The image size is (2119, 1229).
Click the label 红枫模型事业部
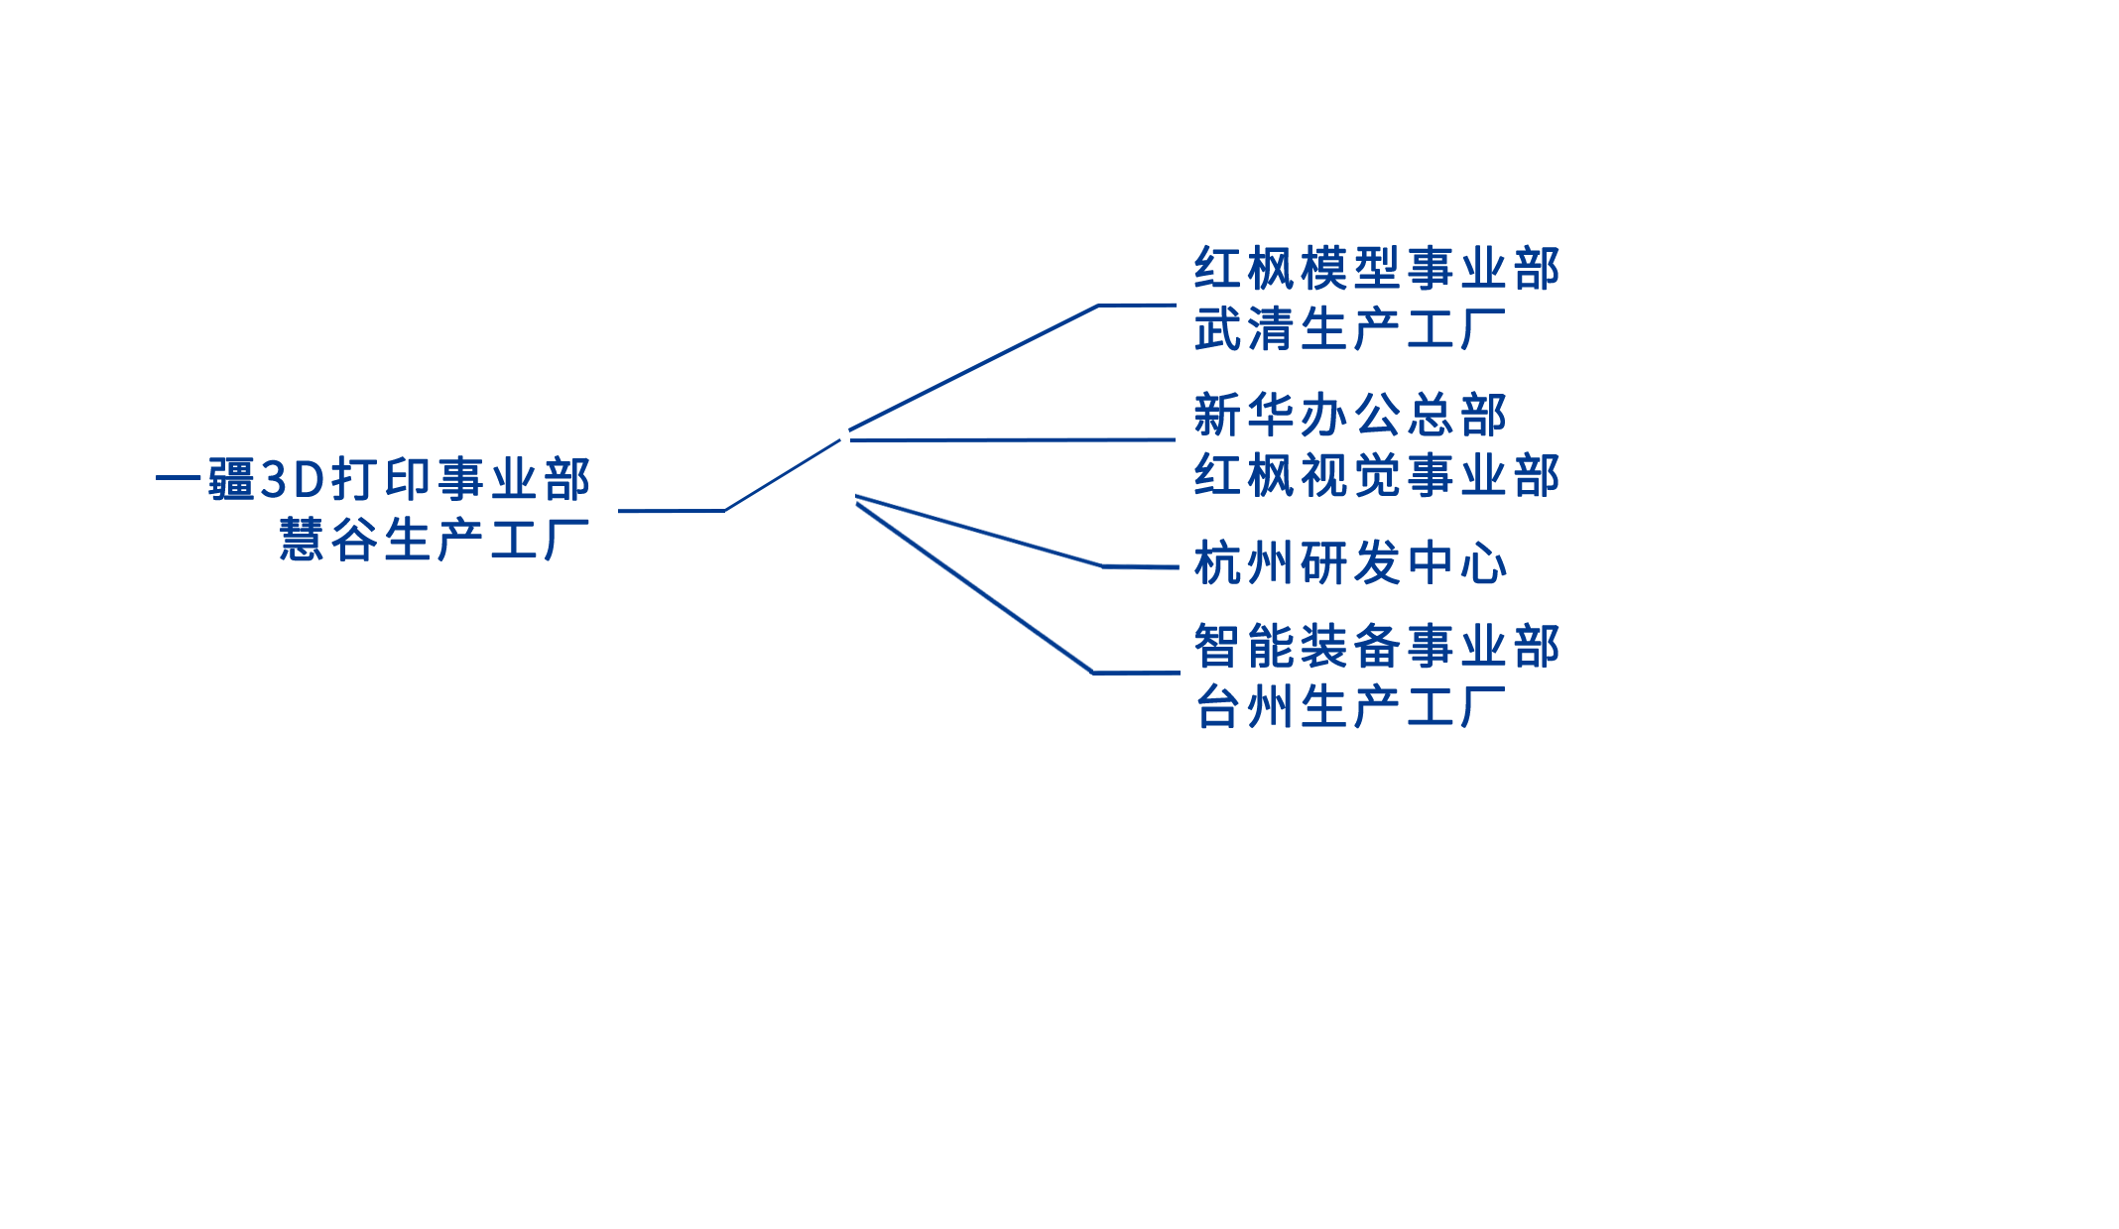click(1376, 269)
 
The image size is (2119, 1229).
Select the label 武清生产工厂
click(1349, 329)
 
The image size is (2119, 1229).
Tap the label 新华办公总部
click(1349, 415)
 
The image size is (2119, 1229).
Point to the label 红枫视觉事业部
click(1376, 475)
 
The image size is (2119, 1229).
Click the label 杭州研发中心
click(1349, 563)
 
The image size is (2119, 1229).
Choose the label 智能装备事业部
click(1376, 647)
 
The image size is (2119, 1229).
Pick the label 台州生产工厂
click(1349, 707)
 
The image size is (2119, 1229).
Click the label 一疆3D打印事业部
click(373, 480)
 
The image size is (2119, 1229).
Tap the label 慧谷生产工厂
click(435, 541)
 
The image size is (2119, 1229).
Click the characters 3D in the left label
click(293, 480)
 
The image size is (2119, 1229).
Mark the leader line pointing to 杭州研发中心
click(1137, 566)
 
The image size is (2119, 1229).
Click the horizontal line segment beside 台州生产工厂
click(1137, 673)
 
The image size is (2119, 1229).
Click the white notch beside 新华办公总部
click(1128, 398)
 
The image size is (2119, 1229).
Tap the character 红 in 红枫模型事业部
click(1217, 269)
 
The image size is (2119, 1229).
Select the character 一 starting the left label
click(179, 480)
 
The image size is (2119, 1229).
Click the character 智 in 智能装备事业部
click(1217, 647)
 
